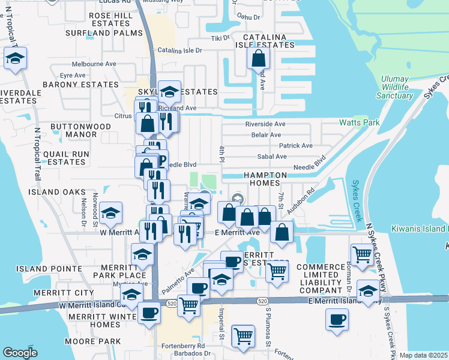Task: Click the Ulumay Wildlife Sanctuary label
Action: click(394, 87)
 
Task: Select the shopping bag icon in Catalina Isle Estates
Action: click(258, 59)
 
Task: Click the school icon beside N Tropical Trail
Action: click(14, 59)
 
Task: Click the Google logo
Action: click(20, 353)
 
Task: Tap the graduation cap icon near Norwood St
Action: click(110, 212)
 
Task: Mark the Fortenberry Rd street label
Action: click(184, 346)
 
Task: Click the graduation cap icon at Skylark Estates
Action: click(169, 91)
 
